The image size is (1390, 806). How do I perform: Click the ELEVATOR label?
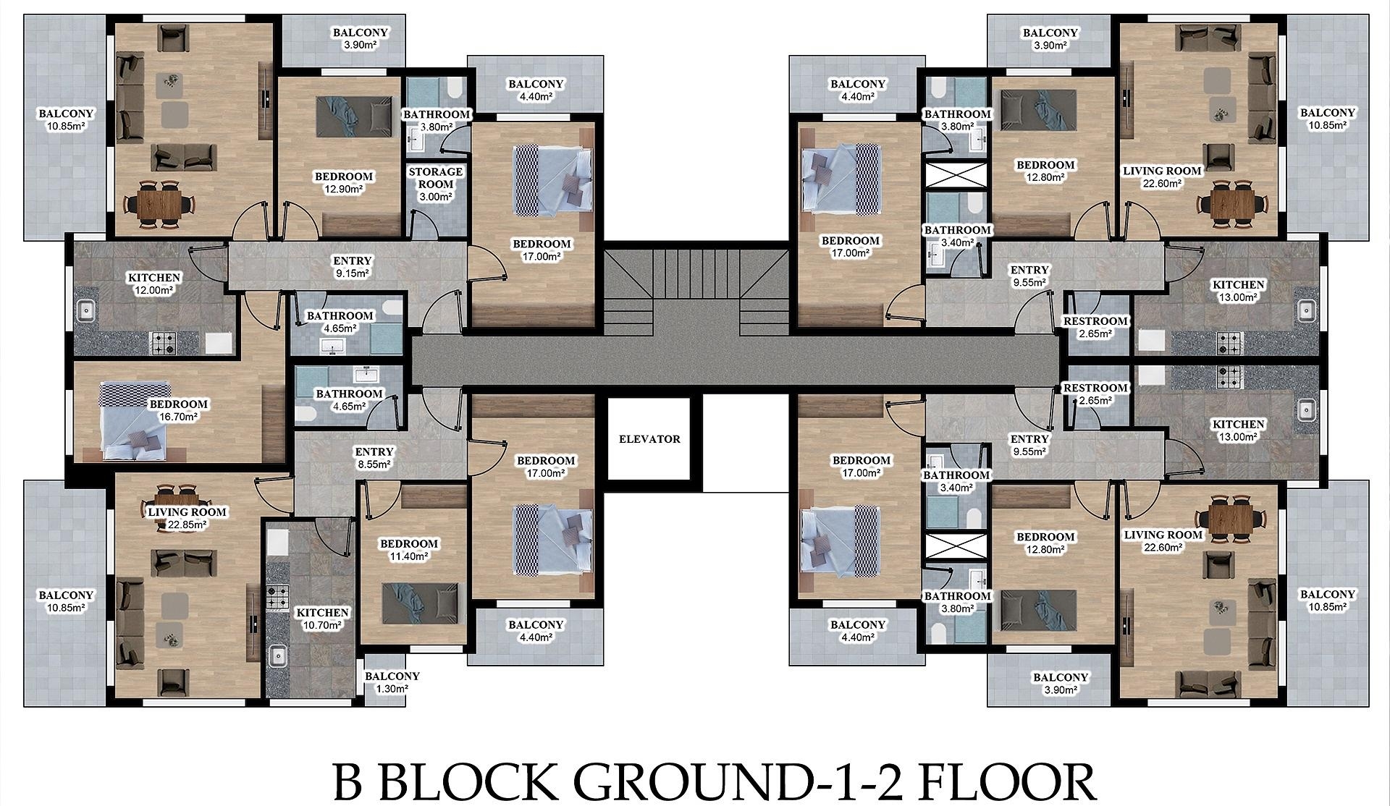[x=649, y=438]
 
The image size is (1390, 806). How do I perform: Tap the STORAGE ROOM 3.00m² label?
[x=435, y=184]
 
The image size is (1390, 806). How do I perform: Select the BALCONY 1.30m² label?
[x=392, y=682]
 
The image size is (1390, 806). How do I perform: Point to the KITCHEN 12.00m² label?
[x=154, y=284]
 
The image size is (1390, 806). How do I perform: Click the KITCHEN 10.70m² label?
[x=322, y=619]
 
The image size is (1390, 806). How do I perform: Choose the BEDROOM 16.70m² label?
[x=178, y=410]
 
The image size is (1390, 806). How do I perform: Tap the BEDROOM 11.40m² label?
[x=409, y=550]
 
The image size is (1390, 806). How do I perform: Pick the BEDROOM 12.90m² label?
[x=344, y=182]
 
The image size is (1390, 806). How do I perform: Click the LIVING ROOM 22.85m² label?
[x=187, y=518]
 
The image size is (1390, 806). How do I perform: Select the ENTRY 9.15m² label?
[x=352, y=267]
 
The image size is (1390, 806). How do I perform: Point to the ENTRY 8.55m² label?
[x=374, y=458]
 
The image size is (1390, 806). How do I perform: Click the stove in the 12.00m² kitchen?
[x=163, y=343]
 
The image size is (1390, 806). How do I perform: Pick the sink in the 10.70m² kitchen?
[x=277, y=656]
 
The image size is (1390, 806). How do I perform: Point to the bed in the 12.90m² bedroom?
[x=353, y=114]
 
